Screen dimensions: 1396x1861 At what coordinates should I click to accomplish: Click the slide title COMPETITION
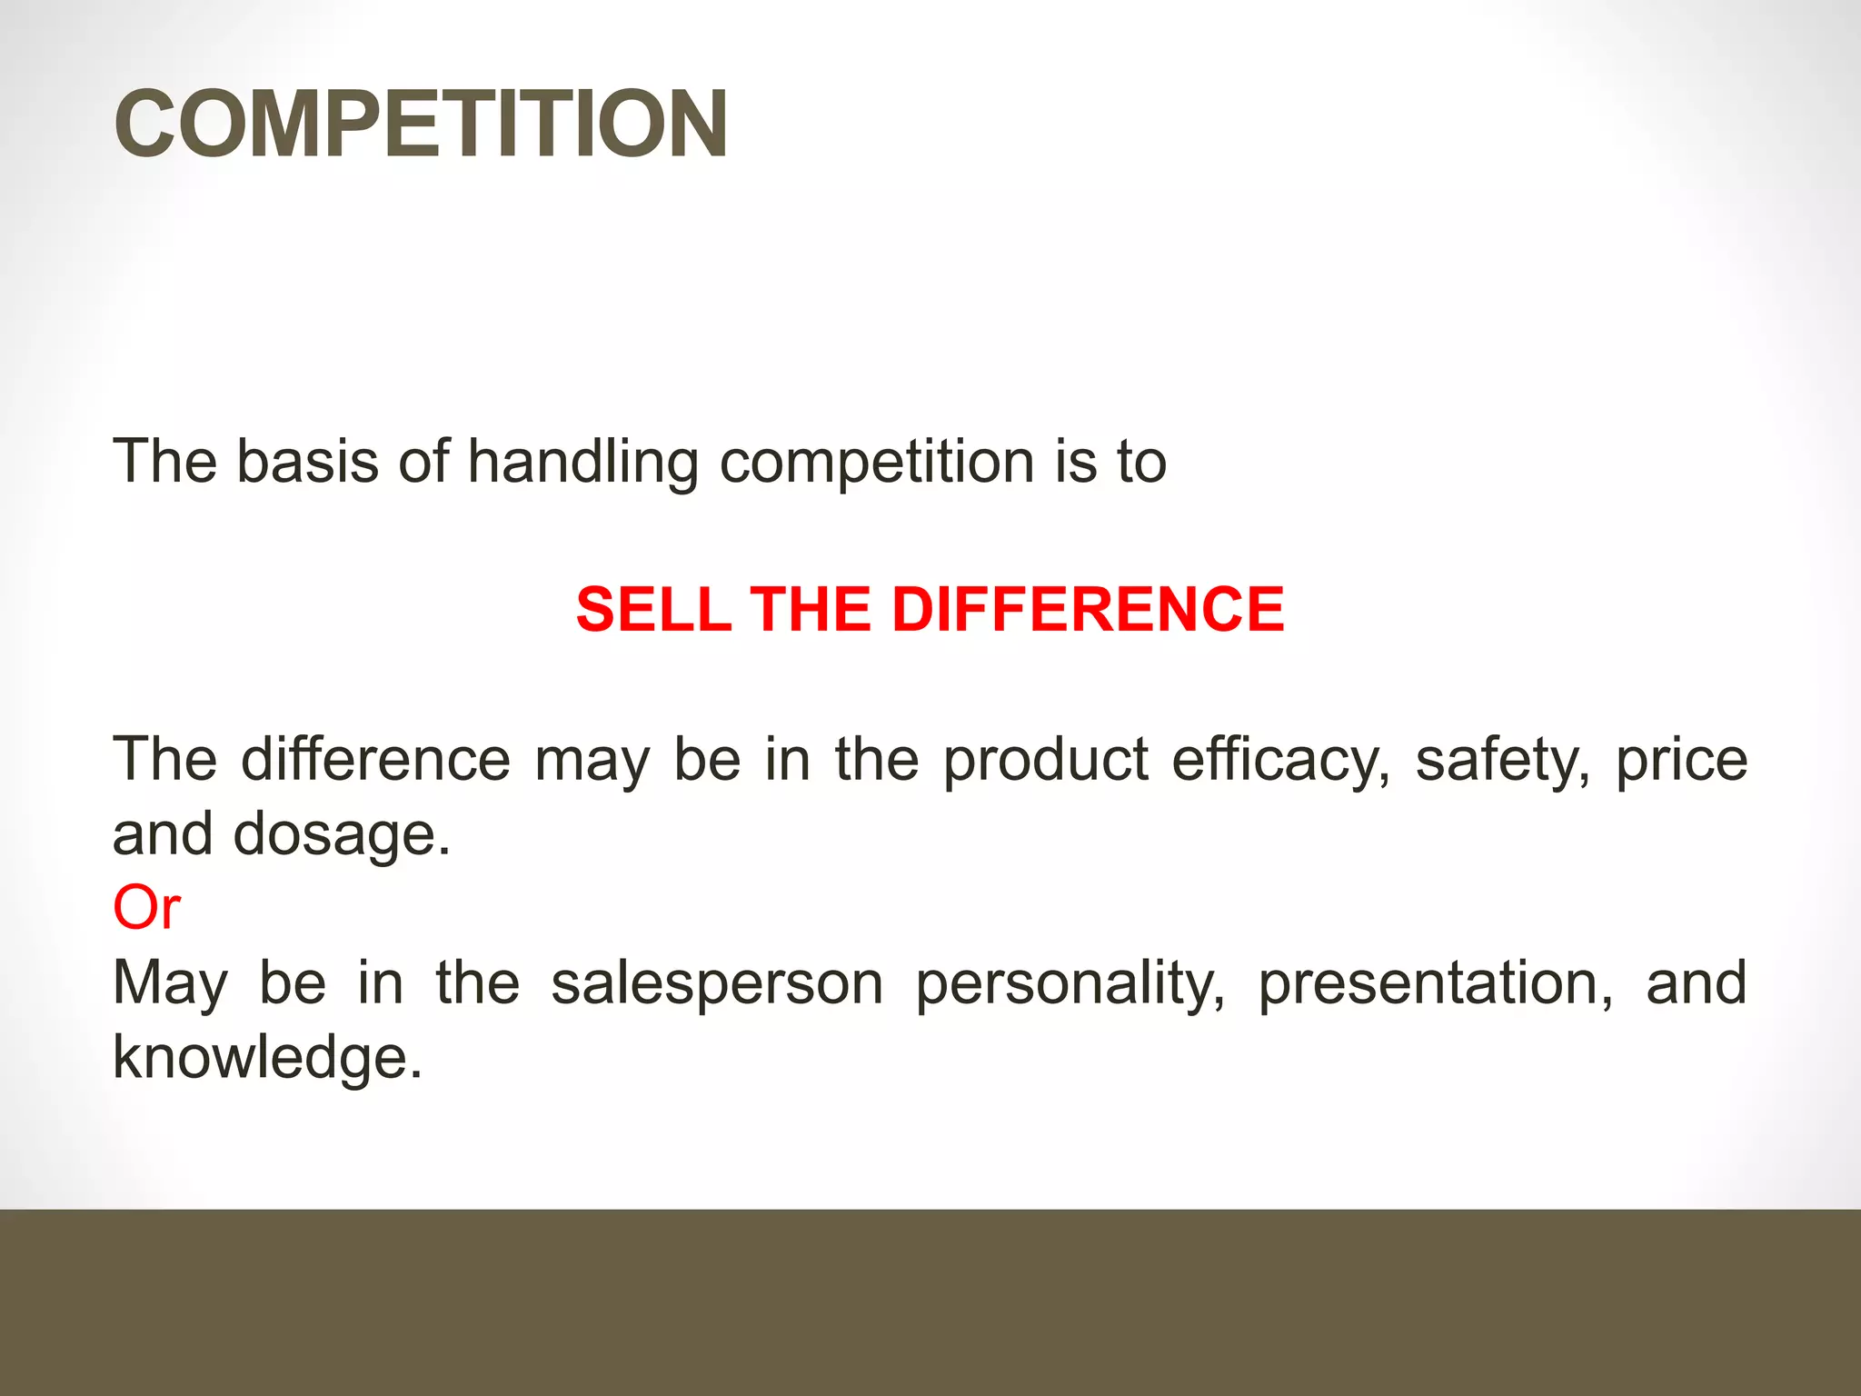coord(421,124)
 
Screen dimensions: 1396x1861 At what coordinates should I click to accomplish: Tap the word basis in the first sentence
coord(307,461)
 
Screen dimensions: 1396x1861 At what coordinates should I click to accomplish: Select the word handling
coord(582,463)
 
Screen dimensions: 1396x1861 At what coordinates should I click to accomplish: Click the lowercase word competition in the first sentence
coord(877,463)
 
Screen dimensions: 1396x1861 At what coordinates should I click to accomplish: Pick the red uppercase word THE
coord(812,609)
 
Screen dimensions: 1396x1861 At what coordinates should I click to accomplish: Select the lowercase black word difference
coord(375,759)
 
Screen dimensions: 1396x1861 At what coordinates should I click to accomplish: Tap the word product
coord(1045,761)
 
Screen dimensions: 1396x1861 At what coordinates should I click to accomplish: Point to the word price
coord(1681,761)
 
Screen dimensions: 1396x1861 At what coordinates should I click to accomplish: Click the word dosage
coord(342,835)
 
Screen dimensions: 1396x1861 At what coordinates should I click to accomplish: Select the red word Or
coord(146,907)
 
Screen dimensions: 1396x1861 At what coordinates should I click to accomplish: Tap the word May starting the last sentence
coord(170,984)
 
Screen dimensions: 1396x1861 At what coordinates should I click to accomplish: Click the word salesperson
coord(717,984)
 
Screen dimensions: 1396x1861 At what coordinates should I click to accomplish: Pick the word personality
coord(1070,984)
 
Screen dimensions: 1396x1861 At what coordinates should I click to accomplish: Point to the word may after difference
coord(592,761)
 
